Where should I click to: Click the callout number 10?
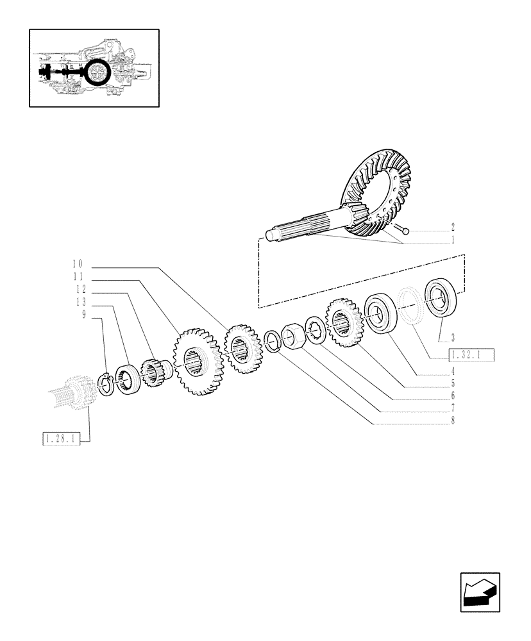tap(78, 264)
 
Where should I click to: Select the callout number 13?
tap(80, 303)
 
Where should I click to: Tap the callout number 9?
tap(84, 315)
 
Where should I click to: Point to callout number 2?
tap(452, 227)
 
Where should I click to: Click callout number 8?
tap(453, 421)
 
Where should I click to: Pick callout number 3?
tap(453, 337)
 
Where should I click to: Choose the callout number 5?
tap(453, 385)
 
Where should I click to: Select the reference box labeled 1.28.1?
tap(62, 439)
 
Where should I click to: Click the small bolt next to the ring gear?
tap(403, 228)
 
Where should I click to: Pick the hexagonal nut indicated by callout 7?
tap(293, 335)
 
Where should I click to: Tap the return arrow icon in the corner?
tap(479, 592)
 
